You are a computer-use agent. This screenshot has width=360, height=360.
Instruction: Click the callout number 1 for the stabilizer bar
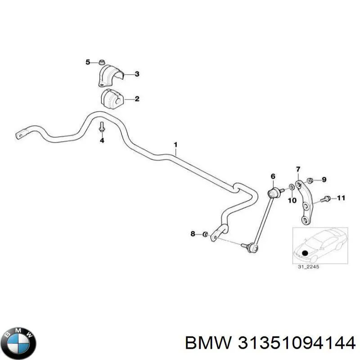coord(176,144)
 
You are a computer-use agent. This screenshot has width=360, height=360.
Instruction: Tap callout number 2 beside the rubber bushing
coord(137,99)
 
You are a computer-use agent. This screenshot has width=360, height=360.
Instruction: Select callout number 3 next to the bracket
coord(137,74)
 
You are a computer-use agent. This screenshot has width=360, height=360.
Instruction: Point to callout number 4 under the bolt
coord(102,141)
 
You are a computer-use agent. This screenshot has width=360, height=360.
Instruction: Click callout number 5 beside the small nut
coord(88,62)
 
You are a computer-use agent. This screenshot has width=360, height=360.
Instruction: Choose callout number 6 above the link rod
coord(272,175)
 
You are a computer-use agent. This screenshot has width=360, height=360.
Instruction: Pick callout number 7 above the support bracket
coord(297,169)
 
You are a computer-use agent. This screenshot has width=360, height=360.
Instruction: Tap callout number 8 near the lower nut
coord(193,234)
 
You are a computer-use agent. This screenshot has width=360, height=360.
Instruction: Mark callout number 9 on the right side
coord(324,180)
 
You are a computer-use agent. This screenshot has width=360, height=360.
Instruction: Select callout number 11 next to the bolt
coord(341,198)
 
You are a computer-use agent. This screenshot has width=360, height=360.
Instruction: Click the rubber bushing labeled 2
coord(112,99)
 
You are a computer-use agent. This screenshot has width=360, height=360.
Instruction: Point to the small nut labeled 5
coord(102,62)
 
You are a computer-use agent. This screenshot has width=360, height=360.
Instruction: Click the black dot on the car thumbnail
coord(306,252)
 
